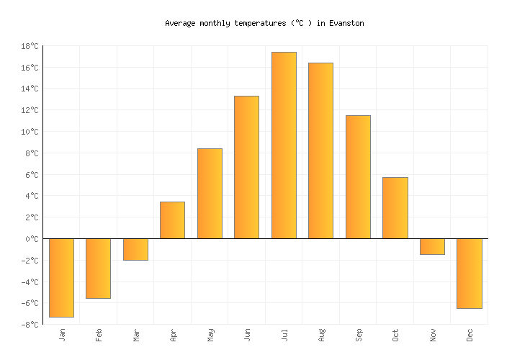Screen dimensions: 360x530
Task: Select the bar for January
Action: [61, 277]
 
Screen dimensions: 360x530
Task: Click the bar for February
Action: [98, 268]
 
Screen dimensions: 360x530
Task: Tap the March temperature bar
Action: [135, 249]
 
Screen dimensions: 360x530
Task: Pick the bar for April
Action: [172, 220]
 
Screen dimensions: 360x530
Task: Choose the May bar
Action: [210, 194]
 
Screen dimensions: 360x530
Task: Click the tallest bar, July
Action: [284, 145]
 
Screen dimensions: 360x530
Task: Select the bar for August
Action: [320, 150]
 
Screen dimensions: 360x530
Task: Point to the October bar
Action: [395, 208]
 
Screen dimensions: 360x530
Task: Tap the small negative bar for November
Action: [432, 246]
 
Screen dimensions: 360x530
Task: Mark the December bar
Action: [469, 273]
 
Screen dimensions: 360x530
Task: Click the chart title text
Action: [264, 23]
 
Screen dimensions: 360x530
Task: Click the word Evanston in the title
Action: [346, 23]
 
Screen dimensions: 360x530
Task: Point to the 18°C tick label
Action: [30, 46]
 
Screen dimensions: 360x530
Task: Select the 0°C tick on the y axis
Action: [32, 239]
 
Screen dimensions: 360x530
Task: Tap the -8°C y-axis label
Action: [30, 325]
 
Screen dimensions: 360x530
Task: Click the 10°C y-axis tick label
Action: [30, 132]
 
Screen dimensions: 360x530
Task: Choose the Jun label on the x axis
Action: [247, 335]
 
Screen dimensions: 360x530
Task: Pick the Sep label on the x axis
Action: [358, 335]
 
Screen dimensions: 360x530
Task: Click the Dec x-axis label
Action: [470, 335]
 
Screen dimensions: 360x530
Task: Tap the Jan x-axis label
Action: [62, 335]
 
